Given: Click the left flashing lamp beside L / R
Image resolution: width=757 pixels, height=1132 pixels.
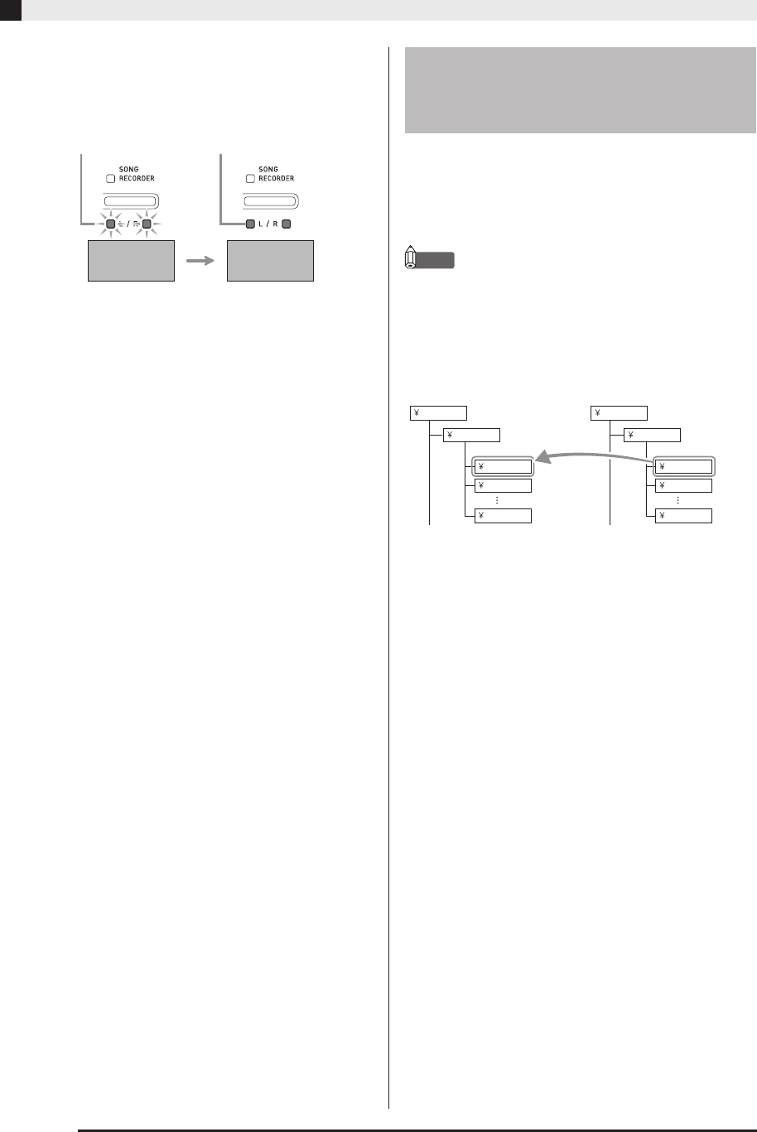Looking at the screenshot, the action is [110, 223].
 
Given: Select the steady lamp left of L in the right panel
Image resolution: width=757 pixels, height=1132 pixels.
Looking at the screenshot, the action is [250, 223].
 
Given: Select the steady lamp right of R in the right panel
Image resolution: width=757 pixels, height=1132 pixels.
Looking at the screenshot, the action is [286, 223].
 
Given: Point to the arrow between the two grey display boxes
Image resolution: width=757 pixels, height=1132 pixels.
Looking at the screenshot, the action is [201, 261].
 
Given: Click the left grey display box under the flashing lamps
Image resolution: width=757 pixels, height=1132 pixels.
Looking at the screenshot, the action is [131, 261].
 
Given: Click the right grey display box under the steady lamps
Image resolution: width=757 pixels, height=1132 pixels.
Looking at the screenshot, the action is [270, 261].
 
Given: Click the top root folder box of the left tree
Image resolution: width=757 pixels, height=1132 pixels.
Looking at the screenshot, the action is [439, 413].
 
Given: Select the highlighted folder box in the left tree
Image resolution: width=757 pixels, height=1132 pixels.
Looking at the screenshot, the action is [503, 466].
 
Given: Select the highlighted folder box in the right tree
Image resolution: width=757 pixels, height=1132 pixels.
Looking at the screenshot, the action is [683, 466].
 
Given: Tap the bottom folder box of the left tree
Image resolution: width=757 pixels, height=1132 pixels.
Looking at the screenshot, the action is [503, 516].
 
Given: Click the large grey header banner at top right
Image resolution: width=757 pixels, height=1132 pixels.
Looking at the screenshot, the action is [580, 90].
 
